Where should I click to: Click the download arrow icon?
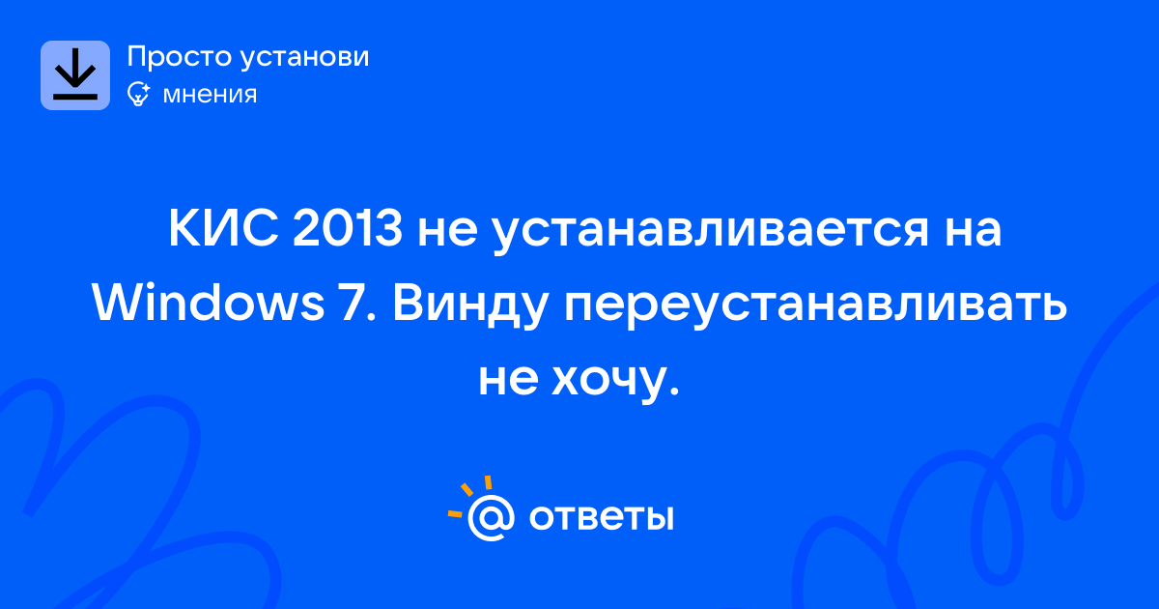75,75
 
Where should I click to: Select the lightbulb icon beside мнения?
138,94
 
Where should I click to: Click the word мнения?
210,96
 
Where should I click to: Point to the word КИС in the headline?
223,228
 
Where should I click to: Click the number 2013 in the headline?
347,228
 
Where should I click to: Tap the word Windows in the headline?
208,303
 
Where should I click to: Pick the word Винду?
470,306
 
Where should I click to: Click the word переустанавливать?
815,306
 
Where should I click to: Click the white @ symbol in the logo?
491,517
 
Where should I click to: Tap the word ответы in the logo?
601,517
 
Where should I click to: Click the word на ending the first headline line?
974,232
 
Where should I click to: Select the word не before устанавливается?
447,232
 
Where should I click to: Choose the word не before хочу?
508,381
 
